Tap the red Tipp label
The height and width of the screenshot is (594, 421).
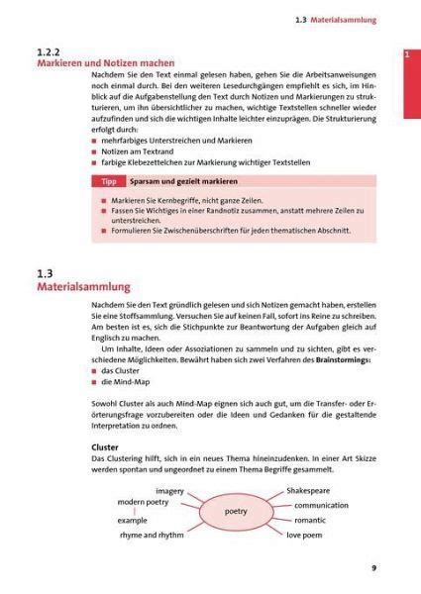(110, 183)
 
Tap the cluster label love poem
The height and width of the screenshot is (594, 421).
(308, 535)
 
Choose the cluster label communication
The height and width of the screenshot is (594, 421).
(321, 505)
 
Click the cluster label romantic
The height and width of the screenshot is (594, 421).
(309, 520)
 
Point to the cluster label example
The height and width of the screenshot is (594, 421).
(132, 520)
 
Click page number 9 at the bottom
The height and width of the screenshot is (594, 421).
(373, 568)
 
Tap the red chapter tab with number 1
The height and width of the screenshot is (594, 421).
(406, 55)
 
